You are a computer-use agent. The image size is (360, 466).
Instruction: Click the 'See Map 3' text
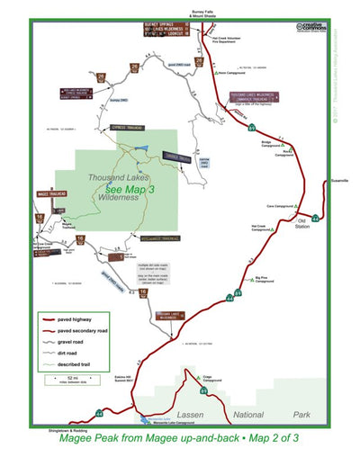(x=130, y=190)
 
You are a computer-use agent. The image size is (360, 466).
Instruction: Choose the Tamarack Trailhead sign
(x=176, y=158)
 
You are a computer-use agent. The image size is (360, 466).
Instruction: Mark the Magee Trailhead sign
(x=54, y=194)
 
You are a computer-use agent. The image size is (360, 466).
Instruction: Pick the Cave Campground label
(x=282, y=205)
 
